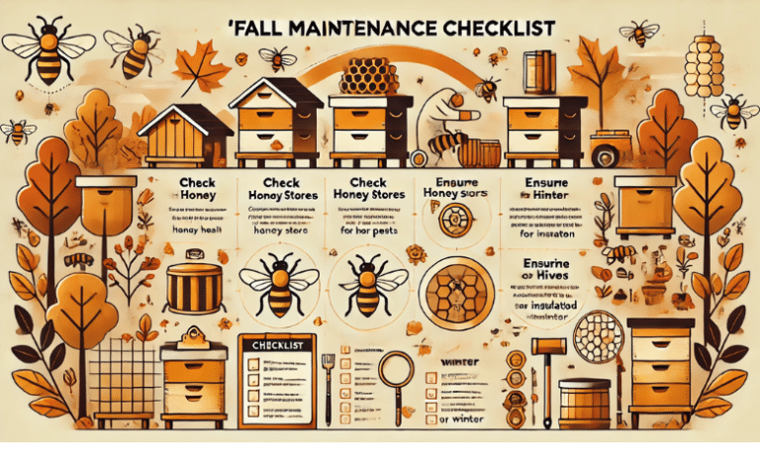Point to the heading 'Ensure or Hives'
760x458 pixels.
[x=543, y=272]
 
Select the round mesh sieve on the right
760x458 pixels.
[x=601, y=335]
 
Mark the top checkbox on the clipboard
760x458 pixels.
[x=255, y=364]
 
